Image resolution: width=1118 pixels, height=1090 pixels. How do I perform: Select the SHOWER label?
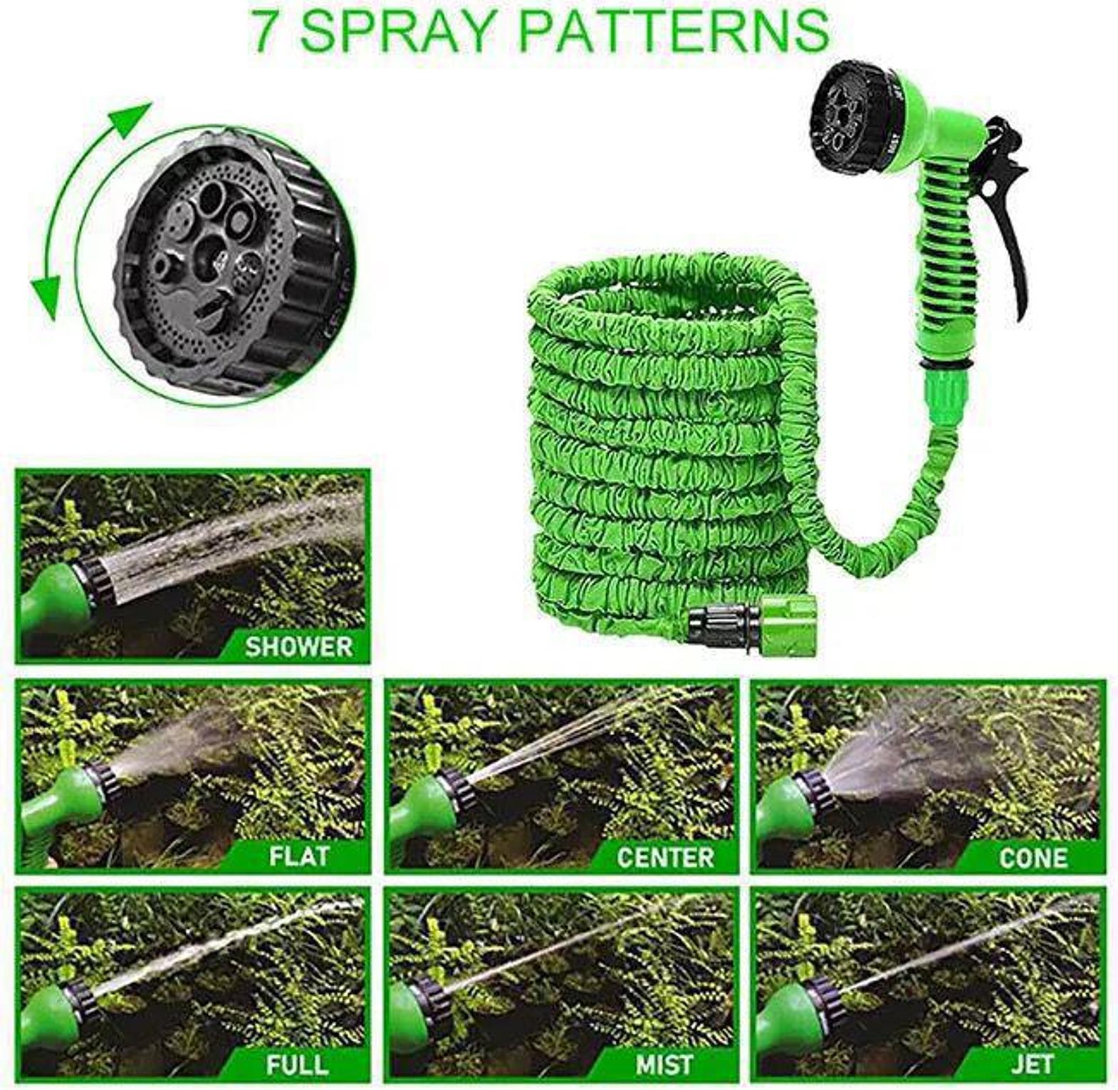pyautogui.click(x=299, y=646)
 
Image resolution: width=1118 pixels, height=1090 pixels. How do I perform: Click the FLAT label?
pyautogui.click(x=299, y=856)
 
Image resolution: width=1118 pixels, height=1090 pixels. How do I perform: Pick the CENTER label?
pyautogui.click(x=665, y=856)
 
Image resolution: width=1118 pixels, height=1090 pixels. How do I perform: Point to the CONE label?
pyautogui.click(x=1033, y=857)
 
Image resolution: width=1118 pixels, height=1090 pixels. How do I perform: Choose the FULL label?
pyautogui.click(x=298, y=1064)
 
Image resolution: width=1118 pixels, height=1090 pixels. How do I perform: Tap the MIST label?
pyautogui.click(x=664, y=1064)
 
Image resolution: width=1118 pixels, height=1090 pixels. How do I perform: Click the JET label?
pyautogui.click(x=1032, y=1064)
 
